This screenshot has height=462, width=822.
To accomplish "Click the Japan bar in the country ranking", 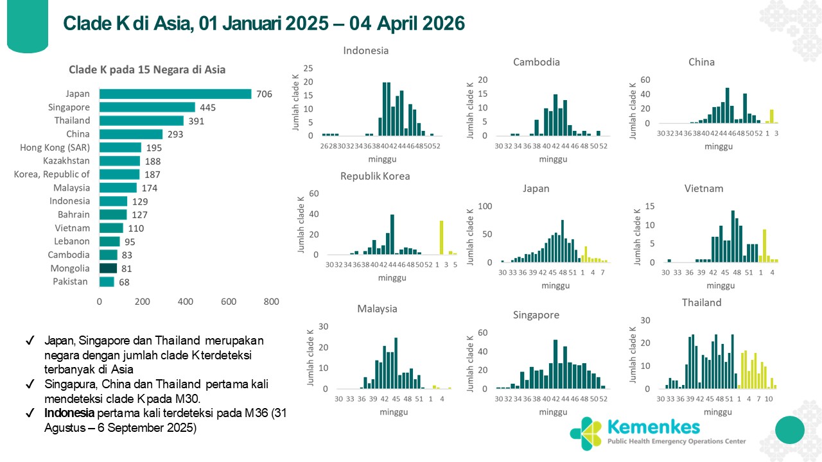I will point(175,94).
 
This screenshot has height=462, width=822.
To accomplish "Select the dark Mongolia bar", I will point(108,268).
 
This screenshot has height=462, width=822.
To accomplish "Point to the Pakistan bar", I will point(107,282).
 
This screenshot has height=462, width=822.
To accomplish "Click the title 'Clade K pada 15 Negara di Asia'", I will point(147,70).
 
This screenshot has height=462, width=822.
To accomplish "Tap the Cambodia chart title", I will point(536,62).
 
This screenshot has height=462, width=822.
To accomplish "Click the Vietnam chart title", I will point(704,189).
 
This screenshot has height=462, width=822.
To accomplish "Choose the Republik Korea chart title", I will point(375,176).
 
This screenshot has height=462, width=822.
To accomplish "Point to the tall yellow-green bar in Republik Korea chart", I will point(442,237).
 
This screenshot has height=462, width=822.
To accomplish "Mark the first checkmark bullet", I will point(30,341).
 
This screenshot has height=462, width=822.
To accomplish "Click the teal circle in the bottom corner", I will point(789,429).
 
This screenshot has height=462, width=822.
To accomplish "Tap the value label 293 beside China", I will point(176,135).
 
